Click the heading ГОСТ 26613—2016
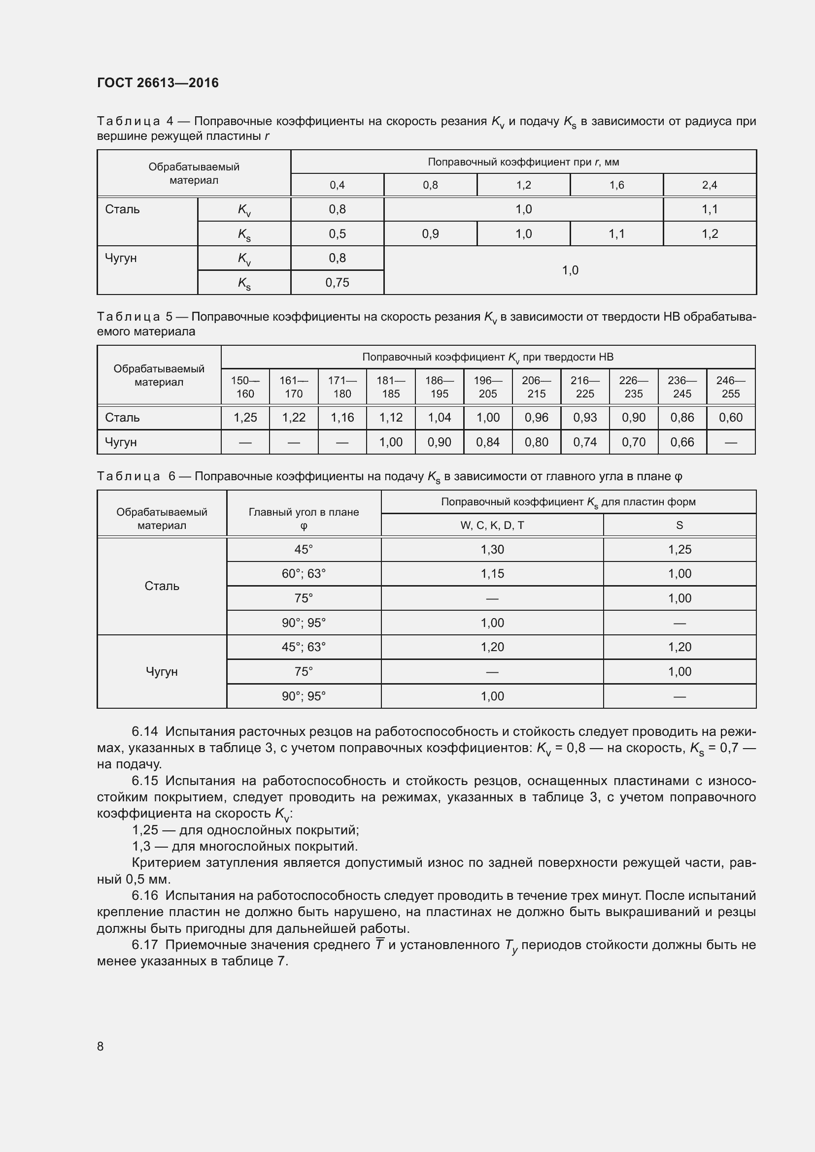pos(158,83)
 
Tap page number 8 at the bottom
pos(101,1046)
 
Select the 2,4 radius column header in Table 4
pos(709,185)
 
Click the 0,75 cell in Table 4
pos(337,283)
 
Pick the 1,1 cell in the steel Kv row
pos(709,209)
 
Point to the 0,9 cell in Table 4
pos(430,234)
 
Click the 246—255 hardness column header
pos(730,387)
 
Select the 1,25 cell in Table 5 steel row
pos(245,418)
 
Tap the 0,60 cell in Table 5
pos(730,418)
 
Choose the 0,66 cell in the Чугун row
pos(681,442)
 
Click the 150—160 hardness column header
pos(245,387)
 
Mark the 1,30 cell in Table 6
pos(492,550)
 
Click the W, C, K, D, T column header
pos(492,526)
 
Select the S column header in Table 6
pos(679,526)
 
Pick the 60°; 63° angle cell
pos(304,573)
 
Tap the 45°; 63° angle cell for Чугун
pos(304,647)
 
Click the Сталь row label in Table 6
pos(162,586)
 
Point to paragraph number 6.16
pos(145,895)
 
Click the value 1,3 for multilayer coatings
pos(141,847)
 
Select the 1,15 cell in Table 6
pos(492,573)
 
